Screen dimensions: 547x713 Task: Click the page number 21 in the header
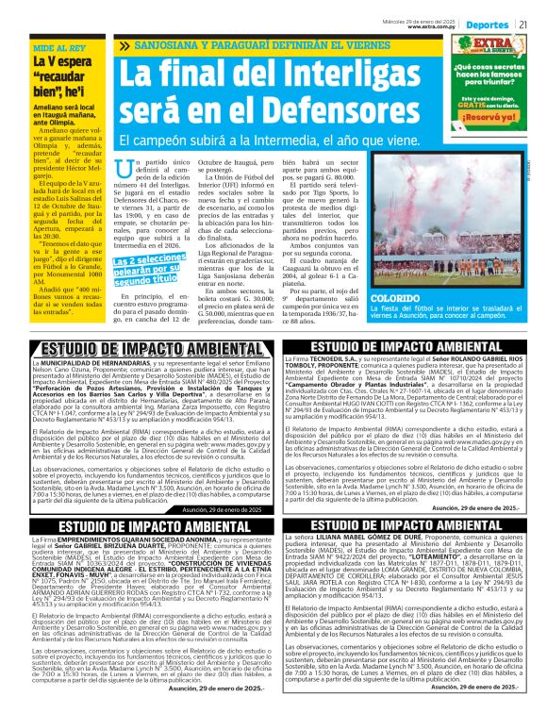(x=522, y=25)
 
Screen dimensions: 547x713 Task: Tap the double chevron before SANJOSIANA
(x=126, y=44)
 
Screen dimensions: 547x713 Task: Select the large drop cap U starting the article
(x=121, y=173)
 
